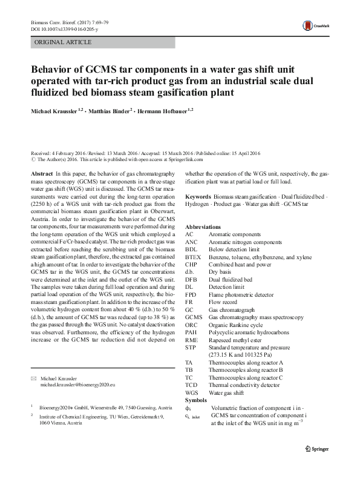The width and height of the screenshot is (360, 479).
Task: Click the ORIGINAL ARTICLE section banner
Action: coord(64,42)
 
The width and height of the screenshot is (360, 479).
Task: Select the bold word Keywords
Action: coord(198,197)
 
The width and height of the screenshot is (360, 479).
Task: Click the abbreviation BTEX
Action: coord(193,256)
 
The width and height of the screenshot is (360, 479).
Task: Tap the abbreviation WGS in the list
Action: coord(192,393)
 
